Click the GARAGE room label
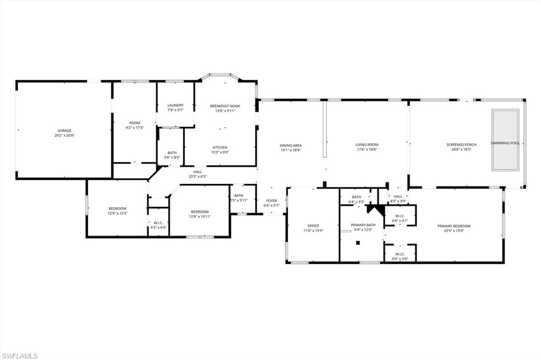[x=64, y=130]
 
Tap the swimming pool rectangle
[x=505, y=140]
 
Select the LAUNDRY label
[x=175, y=105]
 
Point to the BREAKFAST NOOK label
[x=225, y=106]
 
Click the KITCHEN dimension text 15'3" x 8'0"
[x=220, y=153]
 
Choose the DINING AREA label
[x=291, y=145]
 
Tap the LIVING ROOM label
[x=367, y=145]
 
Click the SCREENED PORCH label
[x=461, y=145]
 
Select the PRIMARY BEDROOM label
[x=454, y=226]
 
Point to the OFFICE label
[x=313, y=226]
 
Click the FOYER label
[x=272, y=201]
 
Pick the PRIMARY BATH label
[x=362, y=225]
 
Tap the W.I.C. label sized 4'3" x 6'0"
[x=157, y=222]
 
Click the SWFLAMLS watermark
[x=20, y=356]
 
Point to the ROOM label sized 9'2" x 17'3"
[x=135, y=122]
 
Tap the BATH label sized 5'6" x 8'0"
[x=171, y=153]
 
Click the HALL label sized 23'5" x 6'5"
[x=198, y=171]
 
